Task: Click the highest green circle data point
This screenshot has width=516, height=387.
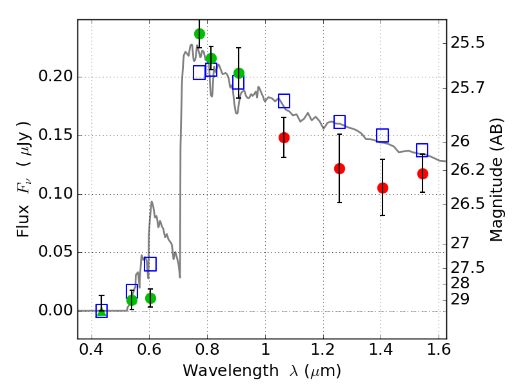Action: (199, 34)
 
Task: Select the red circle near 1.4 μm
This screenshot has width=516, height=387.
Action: (382, 188)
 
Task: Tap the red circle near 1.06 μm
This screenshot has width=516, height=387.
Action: (284, 137)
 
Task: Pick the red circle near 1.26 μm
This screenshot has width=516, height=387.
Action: (339, 168)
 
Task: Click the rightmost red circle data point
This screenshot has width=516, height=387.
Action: (422, 174)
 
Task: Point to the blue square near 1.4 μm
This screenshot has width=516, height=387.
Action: (382, 135)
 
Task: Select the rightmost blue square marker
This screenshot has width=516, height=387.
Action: (422, 150)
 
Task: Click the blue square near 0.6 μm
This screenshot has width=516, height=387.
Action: (150, 264)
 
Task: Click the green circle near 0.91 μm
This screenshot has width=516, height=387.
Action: (239, 73)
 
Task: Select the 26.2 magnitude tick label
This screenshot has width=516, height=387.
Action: (467, 170)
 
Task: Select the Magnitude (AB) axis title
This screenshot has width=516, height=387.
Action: (496, 183)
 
